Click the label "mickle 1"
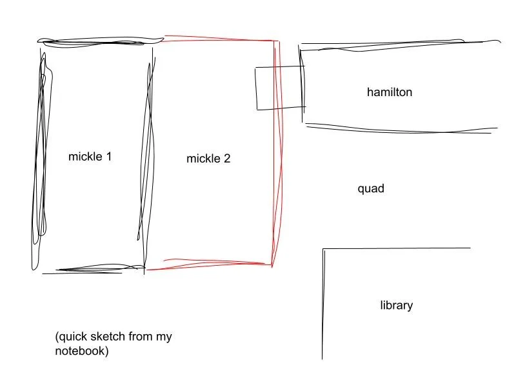[x=90, y=156]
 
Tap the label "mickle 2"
[x=208, y=159]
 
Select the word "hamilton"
[x=390, y=92]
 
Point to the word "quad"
[x=371, y=189]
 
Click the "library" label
[x=396, y=305]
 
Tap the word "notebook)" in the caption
[x=82, y=352]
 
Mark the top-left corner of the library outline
[x=323, y=249]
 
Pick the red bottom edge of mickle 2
[x=210, y=265]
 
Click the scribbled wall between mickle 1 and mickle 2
[x=148, y=155]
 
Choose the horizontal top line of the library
[x=397, y=248]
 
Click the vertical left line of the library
[x=322, y=303]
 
